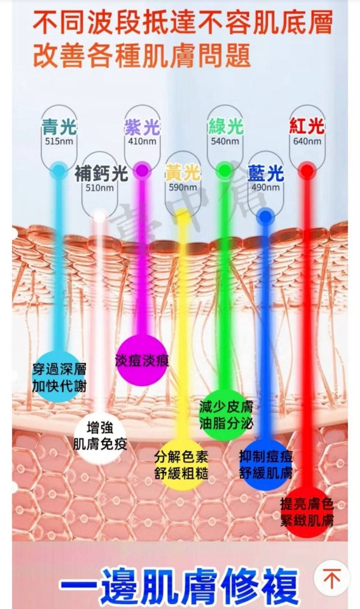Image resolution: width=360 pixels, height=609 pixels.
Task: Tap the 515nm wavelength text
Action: tap(59, 141)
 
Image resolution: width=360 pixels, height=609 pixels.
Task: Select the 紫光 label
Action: tap(142, 127)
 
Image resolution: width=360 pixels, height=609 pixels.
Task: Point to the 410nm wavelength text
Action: tap(142, 141)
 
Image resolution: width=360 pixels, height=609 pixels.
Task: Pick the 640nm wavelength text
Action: tap(307, 141)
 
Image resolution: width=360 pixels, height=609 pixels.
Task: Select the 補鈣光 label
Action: tap(101, 173)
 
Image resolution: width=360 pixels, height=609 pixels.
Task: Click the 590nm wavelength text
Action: tap(183, 188)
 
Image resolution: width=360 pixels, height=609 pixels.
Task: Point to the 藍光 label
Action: tap(266, 173)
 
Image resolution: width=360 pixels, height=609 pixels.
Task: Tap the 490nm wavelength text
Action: tap(266, 188)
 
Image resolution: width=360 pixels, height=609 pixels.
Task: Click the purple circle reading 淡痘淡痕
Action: tap(142, 361)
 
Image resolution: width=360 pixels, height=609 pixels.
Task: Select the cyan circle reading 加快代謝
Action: tap(58, 377)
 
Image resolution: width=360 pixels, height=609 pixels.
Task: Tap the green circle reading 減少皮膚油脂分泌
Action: tap(225, 415)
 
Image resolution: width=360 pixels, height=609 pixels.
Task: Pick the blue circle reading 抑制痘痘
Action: tap(266, 465)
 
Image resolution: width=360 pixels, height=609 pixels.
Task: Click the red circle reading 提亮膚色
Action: tap(307, 512)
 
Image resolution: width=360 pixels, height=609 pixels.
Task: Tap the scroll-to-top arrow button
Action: tap(331, 579)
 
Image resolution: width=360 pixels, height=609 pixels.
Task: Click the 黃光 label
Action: tap(183, 173)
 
